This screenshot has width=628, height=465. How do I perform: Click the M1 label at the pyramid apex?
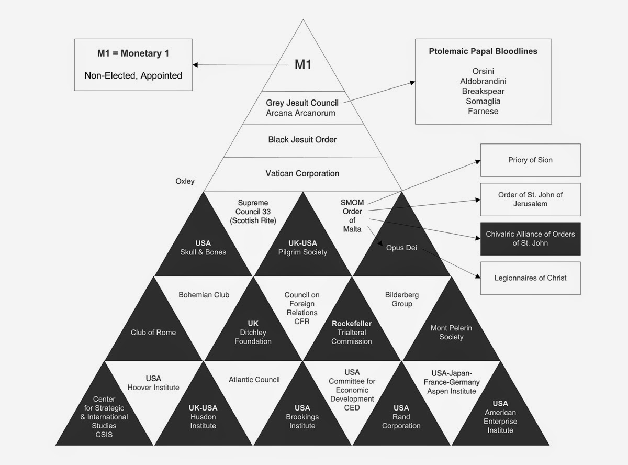click(304, 64)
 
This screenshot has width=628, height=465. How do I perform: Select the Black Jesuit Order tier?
click(302, 140)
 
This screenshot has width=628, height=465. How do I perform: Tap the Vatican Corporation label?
click(303, 173)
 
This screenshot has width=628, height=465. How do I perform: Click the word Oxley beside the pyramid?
click(185, 181)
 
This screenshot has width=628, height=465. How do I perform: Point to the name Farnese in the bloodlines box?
click(483, 111)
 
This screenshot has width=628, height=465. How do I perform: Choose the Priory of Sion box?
click(530, 160)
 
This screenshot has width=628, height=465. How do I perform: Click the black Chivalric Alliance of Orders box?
click(530, 238)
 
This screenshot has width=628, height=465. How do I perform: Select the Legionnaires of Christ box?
click(530, 278)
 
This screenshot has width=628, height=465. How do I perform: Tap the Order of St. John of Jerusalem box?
click(530, 199)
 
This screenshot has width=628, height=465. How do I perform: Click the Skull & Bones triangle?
click(203, 248)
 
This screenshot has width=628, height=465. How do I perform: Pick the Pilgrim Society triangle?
click(302, 248)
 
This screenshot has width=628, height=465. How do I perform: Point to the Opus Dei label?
click(401, 248)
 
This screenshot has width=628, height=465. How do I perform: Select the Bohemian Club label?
click(204, 295)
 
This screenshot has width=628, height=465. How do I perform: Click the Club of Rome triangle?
click(153, 332)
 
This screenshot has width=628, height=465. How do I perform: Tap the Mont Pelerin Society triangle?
click(451, 332)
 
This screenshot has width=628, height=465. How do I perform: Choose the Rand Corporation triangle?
click(401, 417)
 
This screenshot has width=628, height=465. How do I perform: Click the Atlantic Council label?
click(254, 380)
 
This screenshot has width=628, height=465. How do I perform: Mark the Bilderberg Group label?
click(401, 299)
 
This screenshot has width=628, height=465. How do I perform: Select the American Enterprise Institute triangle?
click(500, 417)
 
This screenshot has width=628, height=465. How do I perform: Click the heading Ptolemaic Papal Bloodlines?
click(483, 51)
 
